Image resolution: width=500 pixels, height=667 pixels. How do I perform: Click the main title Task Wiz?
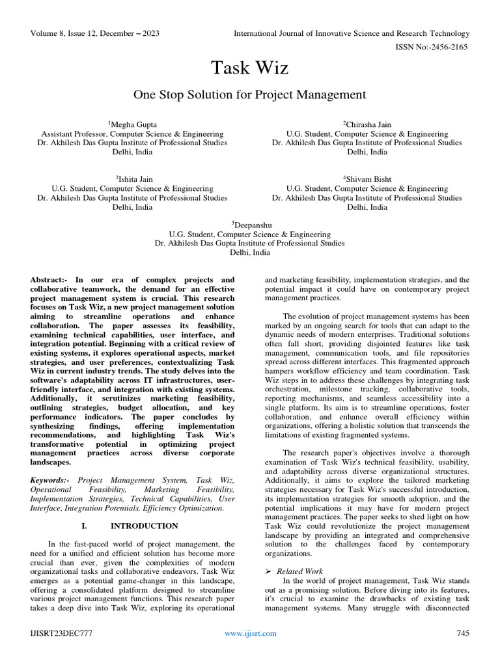pyautogui.click(x=249, y=68)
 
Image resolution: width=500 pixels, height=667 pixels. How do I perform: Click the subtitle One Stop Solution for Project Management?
pyautogui.click(x=249, y=95)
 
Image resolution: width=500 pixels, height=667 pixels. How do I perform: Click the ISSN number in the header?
pyautogui.click(x=426, y=47)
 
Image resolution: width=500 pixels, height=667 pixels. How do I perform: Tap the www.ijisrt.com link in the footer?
pyautogui.click(x=250, y=633)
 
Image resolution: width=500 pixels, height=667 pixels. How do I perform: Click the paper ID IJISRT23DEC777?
pyautogui.click(x=60, y=633)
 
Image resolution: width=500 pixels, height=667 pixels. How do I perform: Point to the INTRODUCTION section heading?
pyautogui.click(x=144, y=526)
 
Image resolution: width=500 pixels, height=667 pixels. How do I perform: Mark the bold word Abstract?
pyautogui.click(x=50, y=279)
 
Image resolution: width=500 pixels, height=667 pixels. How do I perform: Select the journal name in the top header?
pyautogui.click(x=352, y=33)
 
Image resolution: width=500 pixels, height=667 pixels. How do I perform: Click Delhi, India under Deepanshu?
pyautogui.click(x=249, y=253)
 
